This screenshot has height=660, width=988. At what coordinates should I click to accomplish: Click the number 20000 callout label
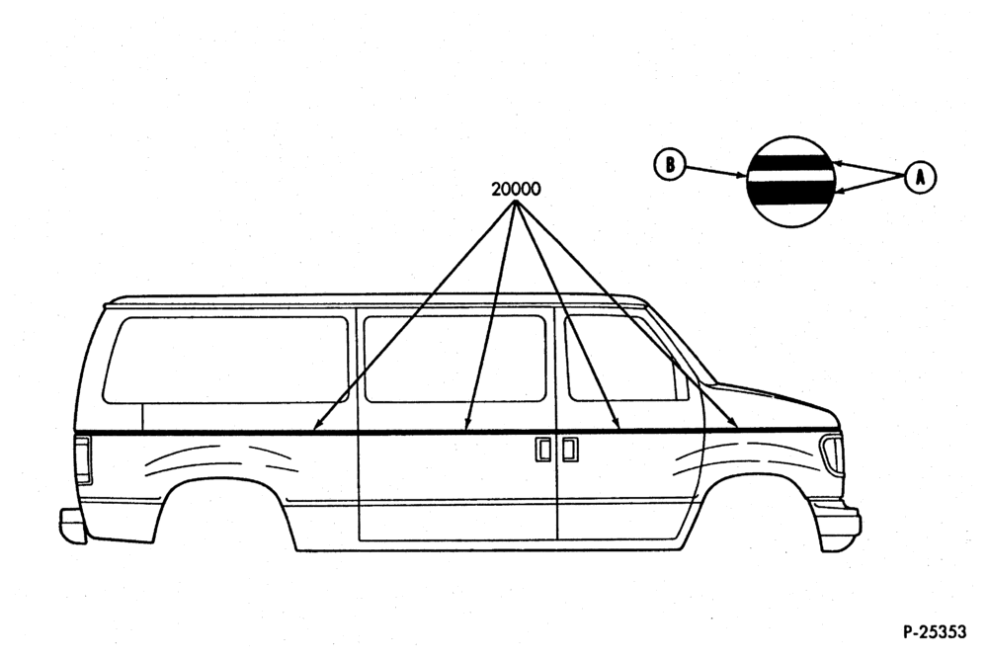[x=516, y=189]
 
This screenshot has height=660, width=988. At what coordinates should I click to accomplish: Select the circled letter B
[x=669, y=165]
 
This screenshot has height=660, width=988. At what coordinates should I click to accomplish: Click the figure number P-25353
[x=934, y=631]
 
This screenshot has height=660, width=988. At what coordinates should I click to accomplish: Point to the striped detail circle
[x=791, y=182]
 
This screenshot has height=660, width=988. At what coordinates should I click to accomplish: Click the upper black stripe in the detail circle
[x=791, y=164]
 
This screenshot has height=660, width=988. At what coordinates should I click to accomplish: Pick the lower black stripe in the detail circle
[x=791, y=195]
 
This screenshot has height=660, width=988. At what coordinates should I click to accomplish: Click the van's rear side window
[x=225, y=360]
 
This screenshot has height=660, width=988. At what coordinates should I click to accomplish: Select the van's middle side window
[x=454, y=359]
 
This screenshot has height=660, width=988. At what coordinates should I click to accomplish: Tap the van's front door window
[x=623, y=358]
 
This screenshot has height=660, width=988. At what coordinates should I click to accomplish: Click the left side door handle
[x=542, y=449]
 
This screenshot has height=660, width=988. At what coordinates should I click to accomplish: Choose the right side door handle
[x=570, y=449]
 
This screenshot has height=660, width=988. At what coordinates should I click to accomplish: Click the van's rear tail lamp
[x=84, y=459]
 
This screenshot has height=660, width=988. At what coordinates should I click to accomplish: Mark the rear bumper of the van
[x=73, y=525]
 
